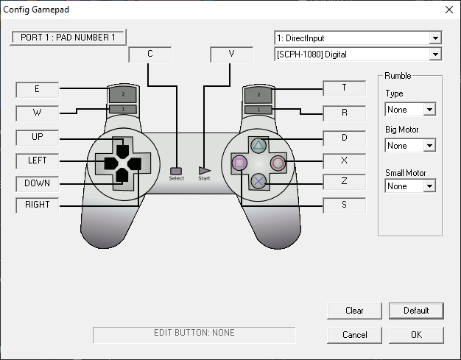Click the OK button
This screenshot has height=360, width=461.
click(416, 335)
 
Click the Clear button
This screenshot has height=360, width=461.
click(354, 311)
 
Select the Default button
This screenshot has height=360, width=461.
click(416, 311)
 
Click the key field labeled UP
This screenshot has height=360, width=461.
click(37, 137)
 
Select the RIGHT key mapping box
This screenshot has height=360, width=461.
click(37, 205)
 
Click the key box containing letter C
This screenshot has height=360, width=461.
click(150, 54)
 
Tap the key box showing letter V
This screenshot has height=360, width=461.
click(231, 54)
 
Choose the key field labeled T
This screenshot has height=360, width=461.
click(344, 88)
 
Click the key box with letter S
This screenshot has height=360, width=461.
click(344, 205)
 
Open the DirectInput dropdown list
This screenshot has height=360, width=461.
click(357, 38)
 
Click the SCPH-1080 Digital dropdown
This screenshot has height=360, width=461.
click(357, 54)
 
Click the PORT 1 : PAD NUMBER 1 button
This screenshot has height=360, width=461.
click(68, 37)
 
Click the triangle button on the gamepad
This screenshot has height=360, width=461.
click(258, 145)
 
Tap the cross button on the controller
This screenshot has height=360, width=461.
click(258, 180)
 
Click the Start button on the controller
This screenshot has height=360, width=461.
click(204, 171)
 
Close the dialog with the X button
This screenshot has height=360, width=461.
click(448, 10)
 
